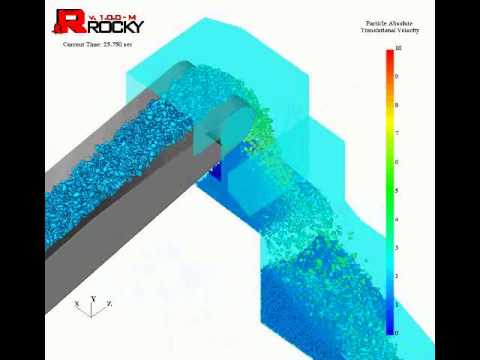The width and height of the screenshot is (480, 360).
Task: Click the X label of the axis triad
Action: [x=76, y=302]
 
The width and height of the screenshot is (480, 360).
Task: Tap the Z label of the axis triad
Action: [x=109, y=302]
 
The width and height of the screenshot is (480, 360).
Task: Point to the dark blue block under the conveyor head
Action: [x=214, y=175]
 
